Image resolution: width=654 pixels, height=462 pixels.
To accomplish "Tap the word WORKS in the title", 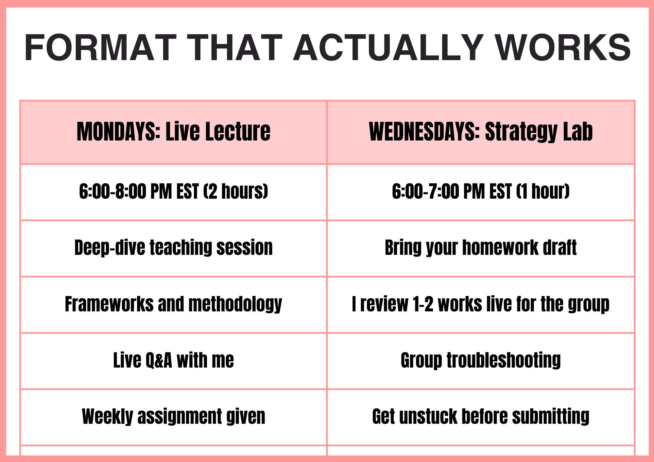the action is (x=563, y=48).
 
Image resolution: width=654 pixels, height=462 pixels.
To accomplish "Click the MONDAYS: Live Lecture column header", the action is (x=174, y=132).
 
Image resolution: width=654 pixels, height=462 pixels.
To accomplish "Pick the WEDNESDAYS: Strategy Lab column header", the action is (x=481, y=132).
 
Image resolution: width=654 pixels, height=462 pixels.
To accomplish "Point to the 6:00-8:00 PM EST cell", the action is (x=174, y=192).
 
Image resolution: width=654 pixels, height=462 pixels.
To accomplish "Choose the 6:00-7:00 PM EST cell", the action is (x=481, y=192).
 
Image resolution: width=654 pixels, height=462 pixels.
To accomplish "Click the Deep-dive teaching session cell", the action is (x=174, y=248).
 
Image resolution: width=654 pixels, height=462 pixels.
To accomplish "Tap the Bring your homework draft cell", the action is (x=481, y=248).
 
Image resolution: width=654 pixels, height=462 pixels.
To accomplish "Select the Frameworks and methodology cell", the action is (x=174, y=305).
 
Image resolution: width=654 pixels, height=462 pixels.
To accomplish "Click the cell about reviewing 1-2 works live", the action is (x=481, y=305).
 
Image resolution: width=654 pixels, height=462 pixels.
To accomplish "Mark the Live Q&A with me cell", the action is (x=174, y=361).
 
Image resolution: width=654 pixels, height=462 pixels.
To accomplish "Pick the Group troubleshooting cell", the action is (x=481, y=361).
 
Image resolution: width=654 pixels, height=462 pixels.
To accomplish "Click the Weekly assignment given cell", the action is (x=174, y=417).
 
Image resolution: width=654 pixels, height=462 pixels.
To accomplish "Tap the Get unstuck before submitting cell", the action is (x=481, y=417).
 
